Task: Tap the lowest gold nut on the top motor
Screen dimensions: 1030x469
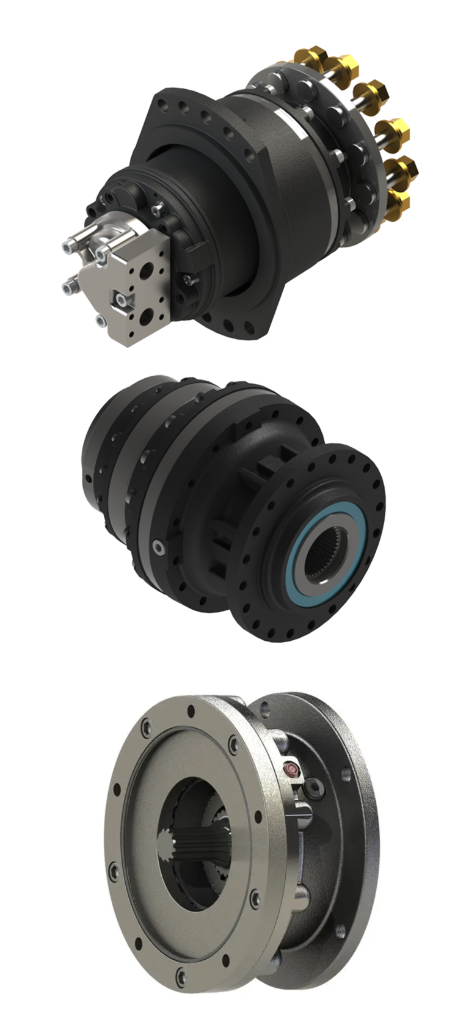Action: tap(398, 201)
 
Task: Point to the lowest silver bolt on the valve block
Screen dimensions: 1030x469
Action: tap(101, 319)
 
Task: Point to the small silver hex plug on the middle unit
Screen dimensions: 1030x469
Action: tap(159, 547)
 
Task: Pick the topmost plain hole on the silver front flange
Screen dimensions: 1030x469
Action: tap(191, 711)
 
